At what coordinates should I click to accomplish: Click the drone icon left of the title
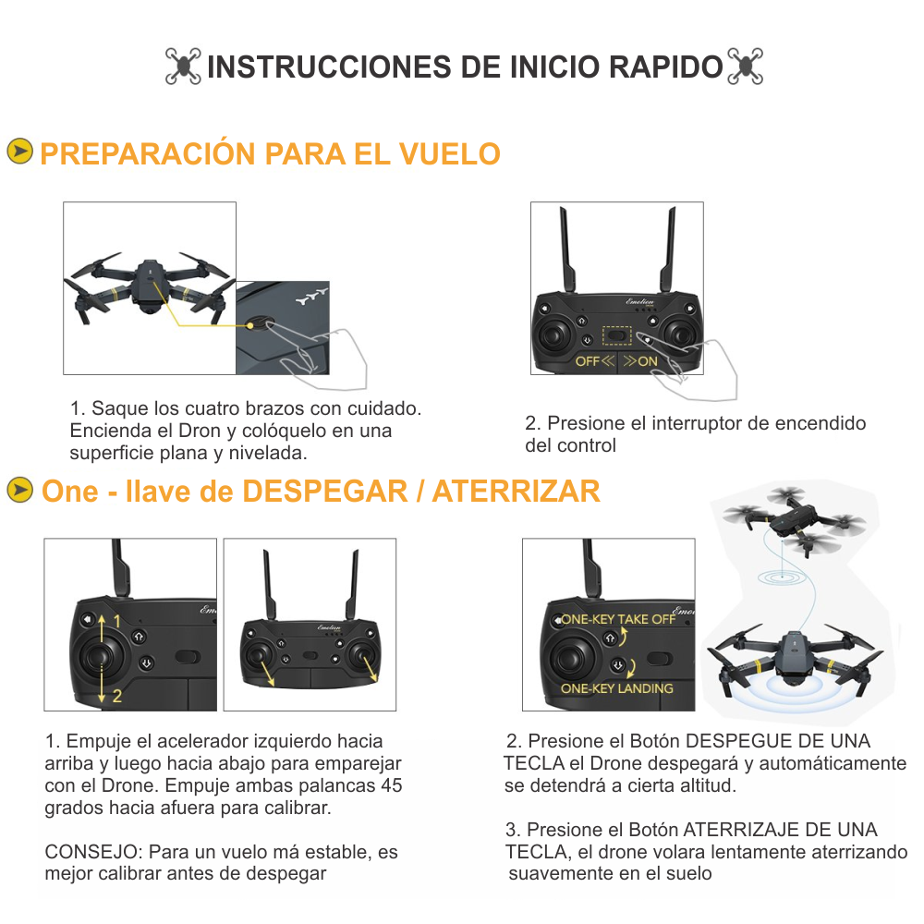(x=184, y=67)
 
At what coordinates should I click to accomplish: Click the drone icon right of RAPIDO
(x=746, y=67)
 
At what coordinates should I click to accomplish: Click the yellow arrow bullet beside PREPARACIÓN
(x=19, y=152)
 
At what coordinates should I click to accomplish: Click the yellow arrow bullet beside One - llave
(x=19, y=490)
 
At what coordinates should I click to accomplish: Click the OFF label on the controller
(x=589, y=361)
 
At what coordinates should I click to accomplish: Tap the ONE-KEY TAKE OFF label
(x=618, y=619)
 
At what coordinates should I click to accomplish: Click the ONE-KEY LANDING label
(x=617, y=688)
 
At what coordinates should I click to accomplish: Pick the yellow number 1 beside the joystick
(x=117, y=621)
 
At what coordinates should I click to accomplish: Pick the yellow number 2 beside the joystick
(x=117, y=696)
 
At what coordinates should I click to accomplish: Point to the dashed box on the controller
(x=616, y=334)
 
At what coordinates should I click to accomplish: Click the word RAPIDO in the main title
(x=665, y=67)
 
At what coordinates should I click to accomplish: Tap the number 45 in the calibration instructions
(x=391, y=786)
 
